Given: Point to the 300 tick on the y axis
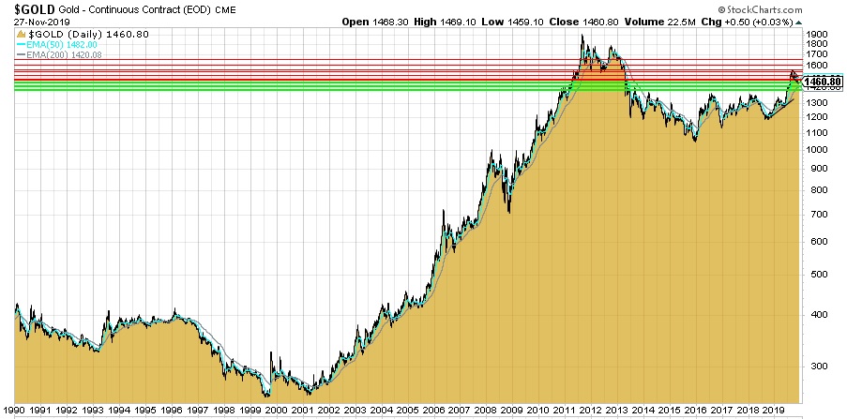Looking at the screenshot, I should [814, 368].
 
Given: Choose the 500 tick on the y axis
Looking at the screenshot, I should [814, 275].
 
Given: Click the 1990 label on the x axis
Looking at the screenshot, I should [13, 411].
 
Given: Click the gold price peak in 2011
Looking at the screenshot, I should [582, 36].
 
